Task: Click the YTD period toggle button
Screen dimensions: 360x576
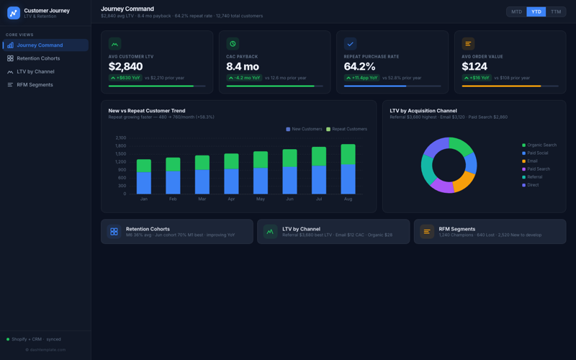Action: click(536, 12)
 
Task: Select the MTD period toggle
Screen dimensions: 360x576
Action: click(516, 12)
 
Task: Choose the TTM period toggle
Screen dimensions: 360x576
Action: click(556, 12)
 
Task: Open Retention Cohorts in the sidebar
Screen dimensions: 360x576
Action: click(38, 58)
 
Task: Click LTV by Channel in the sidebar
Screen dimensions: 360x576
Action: click(35, 71)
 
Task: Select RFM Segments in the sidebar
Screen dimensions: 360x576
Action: click(35, 85)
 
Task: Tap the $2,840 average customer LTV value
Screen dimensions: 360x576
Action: click(127, 67)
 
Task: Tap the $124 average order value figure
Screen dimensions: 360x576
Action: click(475, 67)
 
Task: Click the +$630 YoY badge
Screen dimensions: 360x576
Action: click(125, 78)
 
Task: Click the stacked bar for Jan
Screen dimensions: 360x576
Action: click(144, 177)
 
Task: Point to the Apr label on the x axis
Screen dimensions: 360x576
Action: click(231, 199)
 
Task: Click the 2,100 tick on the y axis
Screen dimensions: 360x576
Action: click(120, 138)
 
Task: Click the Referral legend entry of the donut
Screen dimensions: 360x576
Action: click(534, 177)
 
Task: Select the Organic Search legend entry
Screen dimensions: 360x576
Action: click(541, 145)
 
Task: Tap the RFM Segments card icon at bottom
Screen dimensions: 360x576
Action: click(427, 232)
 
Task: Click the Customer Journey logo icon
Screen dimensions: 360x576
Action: click(14, 13)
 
